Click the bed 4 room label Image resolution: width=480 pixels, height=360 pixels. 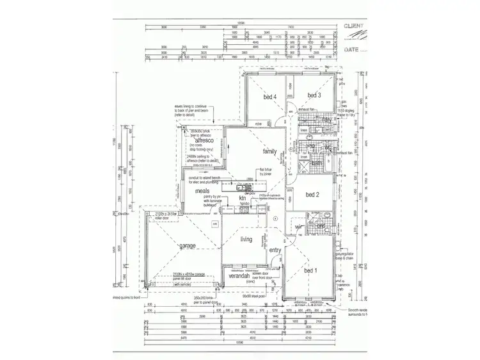tap(269, 97)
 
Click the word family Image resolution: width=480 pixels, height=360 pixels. tap(269, 152)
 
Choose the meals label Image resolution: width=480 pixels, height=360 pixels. tap(204, 190)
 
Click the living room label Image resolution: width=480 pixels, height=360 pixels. tap(246, 240)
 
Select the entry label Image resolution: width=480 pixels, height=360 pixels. tap(275, 250)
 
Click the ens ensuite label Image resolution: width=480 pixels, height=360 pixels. tap(321, 225)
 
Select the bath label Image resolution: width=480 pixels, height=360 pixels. tap(316, 163)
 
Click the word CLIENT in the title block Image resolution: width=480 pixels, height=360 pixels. tap(355, 27)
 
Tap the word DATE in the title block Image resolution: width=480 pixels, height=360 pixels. tap(352, 48)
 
